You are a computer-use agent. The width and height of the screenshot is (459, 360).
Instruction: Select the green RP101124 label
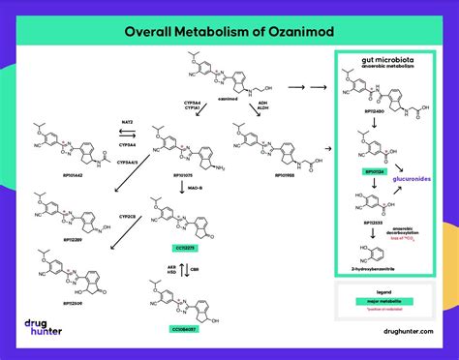pos(375,171)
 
